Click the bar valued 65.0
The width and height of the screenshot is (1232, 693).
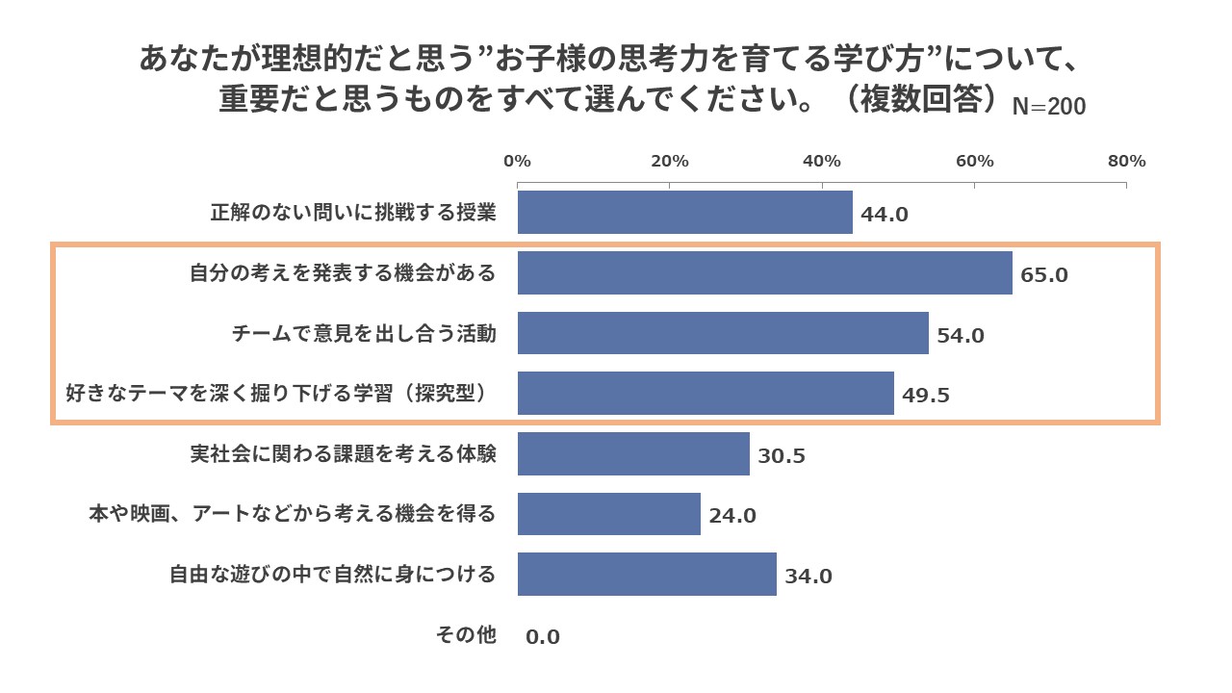click(764, 273)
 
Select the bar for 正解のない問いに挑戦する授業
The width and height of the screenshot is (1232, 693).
click(684, 213)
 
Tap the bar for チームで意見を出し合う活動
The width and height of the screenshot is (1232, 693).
click(723, 333)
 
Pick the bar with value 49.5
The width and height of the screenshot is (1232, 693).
click(706, 394)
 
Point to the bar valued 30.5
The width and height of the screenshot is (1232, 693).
click(633, 453)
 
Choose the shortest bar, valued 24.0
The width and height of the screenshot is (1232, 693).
click(608, 514)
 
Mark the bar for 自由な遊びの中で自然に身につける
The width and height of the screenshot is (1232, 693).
click(647, 575)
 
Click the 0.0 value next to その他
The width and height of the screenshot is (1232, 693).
click(543, 636)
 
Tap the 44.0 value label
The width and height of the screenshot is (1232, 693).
click(885, 215)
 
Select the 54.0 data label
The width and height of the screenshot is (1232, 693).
click(961, 336)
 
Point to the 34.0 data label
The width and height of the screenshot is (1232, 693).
click(808, 577)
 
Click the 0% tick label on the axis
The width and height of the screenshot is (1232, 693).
click(518, 161)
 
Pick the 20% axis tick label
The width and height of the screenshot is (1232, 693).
click(670, 161)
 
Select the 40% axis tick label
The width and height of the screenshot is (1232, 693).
click(822, 161)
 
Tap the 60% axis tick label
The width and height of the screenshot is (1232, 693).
click(974, 161)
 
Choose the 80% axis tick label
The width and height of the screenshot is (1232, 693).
click(1126, 161)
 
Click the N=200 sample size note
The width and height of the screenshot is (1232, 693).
click(1049, 107)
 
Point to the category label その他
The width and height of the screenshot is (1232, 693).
click(466, 634)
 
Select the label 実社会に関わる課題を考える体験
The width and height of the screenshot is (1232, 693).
click(344, 453)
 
